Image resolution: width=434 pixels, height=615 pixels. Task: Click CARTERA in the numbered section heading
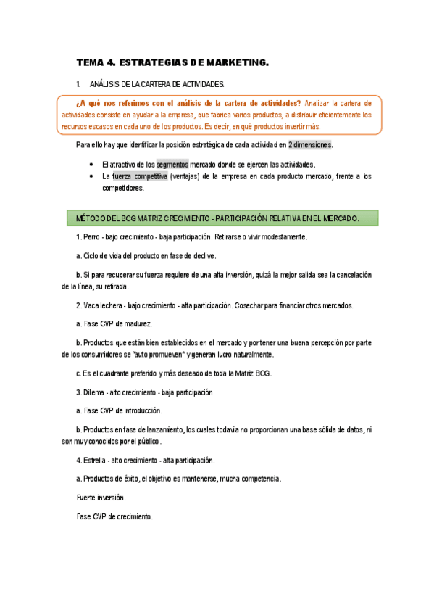coord(165,85)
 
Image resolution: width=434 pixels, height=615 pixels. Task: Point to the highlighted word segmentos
coord(172,165)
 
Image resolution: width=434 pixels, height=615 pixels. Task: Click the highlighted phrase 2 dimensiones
coord(309,144)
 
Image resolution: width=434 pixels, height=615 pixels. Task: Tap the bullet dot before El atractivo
coord(90,165)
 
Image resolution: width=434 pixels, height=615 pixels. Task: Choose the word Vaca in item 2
coord(91,305)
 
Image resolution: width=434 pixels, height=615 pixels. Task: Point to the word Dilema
coord(95,392)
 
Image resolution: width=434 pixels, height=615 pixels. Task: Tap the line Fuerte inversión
coord(101,498)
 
